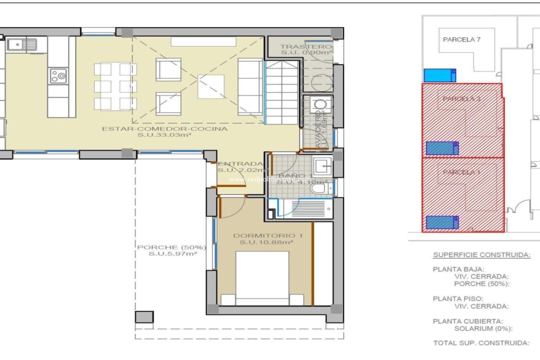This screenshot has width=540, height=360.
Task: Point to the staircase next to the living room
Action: click(x=282, y=93)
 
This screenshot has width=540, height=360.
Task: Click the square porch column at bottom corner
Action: click(x=144, y=317)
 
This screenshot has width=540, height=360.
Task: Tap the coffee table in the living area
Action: click(x=211, y=87)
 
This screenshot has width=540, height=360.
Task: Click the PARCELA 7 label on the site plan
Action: click(x=462, y=40)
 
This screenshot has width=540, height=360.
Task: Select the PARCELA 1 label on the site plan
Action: click(x=461, y=172)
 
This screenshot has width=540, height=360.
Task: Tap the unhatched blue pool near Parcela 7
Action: click(x=440, y=75)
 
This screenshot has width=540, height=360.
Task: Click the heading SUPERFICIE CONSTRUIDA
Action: click(x=481, y=255)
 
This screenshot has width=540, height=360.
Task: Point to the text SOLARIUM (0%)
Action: click(x=483, y=328)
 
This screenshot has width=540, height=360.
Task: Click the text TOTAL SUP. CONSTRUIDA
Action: click(x=481, y=343)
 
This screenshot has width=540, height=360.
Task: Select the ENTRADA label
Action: click(x=240, y=164)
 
